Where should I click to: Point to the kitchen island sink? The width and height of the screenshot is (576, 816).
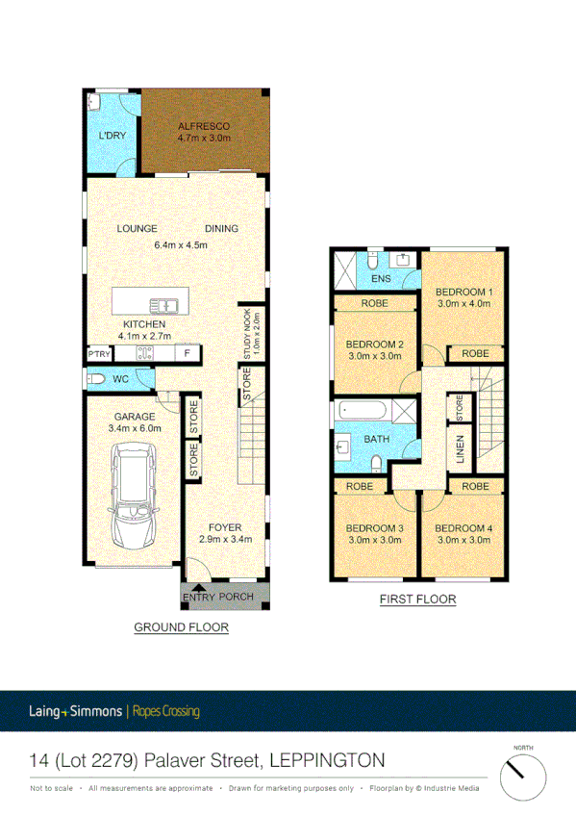(170, 306)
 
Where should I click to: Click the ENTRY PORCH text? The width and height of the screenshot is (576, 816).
(217, 597)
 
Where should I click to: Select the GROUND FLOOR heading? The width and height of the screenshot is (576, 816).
(181, 627)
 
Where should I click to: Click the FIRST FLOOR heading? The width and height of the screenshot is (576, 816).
(416, 599)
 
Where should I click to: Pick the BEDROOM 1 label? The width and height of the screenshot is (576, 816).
(463, 297)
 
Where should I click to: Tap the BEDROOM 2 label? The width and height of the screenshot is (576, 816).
(374, 350)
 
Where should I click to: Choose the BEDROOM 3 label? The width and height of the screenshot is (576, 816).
(374, 534)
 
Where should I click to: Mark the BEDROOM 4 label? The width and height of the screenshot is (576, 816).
(463, 534)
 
